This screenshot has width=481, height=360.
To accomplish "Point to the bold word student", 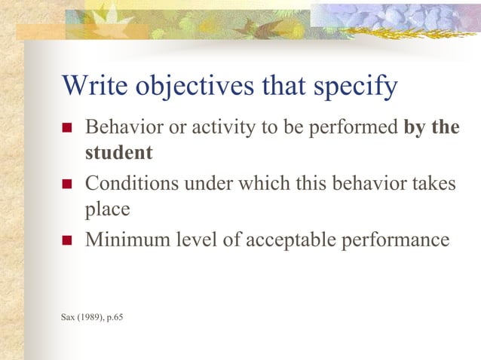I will point(118,153).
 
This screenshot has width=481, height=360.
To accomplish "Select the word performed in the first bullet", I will point(358,127).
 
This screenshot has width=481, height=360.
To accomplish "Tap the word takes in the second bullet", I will point(433,183).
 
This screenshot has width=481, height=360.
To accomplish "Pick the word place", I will point(107,209).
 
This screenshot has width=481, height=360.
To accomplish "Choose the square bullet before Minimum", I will point(66,241).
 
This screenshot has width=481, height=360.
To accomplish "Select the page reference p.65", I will point(115,316).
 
